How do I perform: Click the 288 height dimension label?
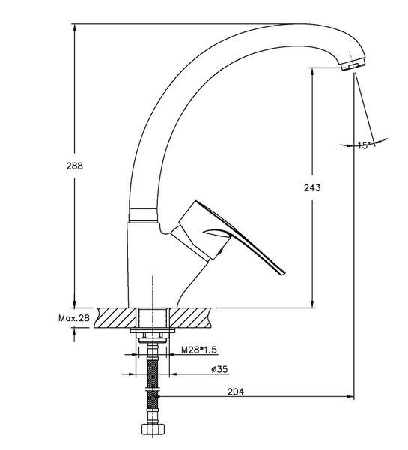(x=75, y=166)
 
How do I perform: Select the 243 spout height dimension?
(x=312, y=188)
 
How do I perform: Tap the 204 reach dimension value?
(x=236, y=391)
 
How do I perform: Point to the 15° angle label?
(x=364, y=145)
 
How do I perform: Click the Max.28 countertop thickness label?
(x=74, y=318)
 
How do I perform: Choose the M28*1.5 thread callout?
(x=199, y=349)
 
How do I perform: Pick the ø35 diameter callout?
(x=220, y=369)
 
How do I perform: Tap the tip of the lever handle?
(x=283, y=274)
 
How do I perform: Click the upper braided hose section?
(x=153, y=372)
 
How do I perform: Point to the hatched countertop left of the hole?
(x=117, y=317)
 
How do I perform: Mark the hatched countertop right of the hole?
(x=190, y=317)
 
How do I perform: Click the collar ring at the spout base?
(x=143, y=215)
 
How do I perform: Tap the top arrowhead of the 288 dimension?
(x=75, y=28)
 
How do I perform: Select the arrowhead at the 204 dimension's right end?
(x=350, y=396)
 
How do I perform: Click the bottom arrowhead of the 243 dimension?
(x=312, y=304)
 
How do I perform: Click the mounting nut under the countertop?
(x=153, y=335)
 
